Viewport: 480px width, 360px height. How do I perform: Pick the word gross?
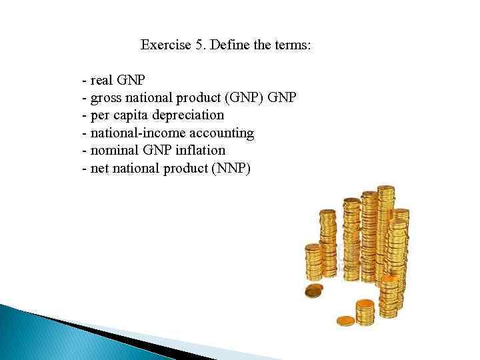click(105, 99)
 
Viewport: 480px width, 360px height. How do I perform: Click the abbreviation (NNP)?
click(231, 167)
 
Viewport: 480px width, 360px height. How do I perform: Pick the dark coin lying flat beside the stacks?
click(313, 291)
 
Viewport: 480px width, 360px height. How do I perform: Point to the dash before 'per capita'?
click(83, 115)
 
